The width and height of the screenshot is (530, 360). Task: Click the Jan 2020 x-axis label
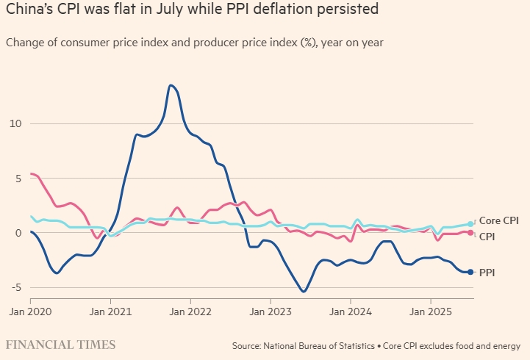click(30, 311)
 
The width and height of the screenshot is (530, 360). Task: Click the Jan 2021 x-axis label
click(110, 311)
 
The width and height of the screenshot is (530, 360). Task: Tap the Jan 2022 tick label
click(190, 311)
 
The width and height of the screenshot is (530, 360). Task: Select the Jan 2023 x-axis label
click(271, 311)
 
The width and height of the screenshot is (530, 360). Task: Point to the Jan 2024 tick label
click(351, 311)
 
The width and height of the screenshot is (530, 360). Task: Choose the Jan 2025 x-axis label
click(431, 311)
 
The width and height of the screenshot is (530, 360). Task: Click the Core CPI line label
click(500, 220)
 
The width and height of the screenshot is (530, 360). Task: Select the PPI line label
click(487, 272)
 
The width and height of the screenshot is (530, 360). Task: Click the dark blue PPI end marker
click(470, 272)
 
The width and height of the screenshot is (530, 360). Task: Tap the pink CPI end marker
click(470, 233)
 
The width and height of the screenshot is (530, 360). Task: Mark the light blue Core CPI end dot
click(470, 224)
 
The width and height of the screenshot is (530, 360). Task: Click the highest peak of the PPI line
click(171, 85)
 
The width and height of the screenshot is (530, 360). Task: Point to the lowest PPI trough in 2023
click(304, 292)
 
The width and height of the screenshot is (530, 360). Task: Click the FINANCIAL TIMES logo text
click(60, 345)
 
